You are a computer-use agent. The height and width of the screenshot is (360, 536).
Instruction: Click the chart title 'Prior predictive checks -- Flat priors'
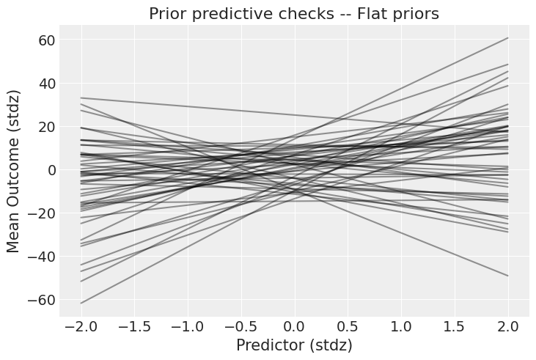click(x=294, y=14)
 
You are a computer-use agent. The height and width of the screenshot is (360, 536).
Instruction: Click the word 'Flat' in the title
click(x=375, y=14)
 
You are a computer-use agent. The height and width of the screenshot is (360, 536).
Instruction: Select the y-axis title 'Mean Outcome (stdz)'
click(x=14, y=170)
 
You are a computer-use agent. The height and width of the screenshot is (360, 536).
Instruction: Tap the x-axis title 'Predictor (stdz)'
click(x=294, y=345)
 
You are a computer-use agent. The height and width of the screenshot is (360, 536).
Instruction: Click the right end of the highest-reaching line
click(x=507, y=38)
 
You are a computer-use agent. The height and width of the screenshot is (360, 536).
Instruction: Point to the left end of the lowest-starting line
click(x=81, y=303)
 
